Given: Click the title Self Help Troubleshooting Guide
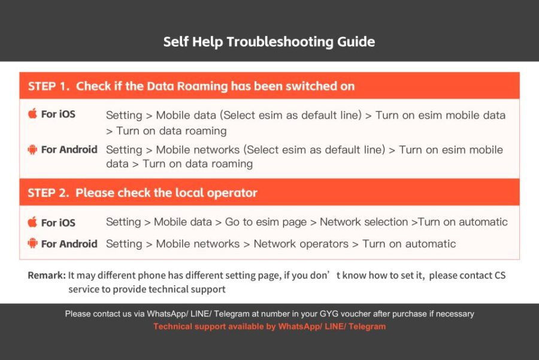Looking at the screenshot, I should tap(269, 42).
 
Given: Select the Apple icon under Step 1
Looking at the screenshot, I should tap(32, 113).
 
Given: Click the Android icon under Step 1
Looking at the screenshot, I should tap(32, 150).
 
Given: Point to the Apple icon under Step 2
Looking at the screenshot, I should tap(32, 222).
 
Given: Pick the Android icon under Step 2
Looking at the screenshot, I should tap(32, 243).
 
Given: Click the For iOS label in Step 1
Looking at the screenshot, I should tap(58, 114).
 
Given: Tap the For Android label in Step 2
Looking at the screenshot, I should tap(69, 244).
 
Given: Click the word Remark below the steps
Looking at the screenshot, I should tap(46, 276).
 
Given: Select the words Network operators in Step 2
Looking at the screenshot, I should tap(301, 244).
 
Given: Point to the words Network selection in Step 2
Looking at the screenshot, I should tap(364, 222).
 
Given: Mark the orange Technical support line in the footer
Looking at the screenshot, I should tap(269, 326).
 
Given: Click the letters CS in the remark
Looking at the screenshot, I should tap(500, 276).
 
